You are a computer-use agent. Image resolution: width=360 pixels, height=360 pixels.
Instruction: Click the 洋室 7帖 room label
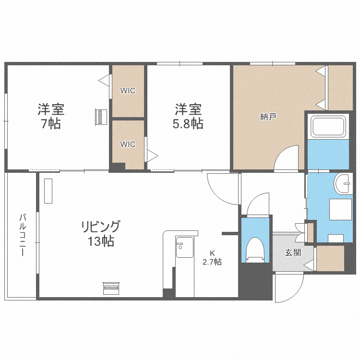pos(51,116)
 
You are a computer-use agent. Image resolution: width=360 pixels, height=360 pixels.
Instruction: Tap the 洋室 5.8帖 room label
pos(188,116)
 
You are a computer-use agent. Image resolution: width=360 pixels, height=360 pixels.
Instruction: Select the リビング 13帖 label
pos(100,233)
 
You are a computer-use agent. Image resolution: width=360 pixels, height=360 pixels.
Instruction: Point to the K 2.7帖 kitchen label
pos(212,258)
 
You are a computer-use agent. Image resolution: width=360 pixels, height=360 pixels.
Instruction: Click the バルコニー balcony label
pos(22,235)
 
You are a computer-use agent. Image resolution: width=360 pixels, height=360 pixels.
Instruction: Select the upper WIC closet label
pos(128,90)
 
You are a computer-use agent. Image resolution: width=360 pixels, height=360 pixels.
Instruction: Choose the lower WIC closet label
pos(128,144)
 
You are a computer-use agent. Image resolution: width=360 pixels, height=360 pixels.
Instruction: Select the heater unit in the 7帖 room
pos(101,117)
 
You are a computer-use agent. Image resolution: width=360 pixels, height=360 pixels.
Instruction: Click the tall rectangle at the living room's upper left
pos(48,191)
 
